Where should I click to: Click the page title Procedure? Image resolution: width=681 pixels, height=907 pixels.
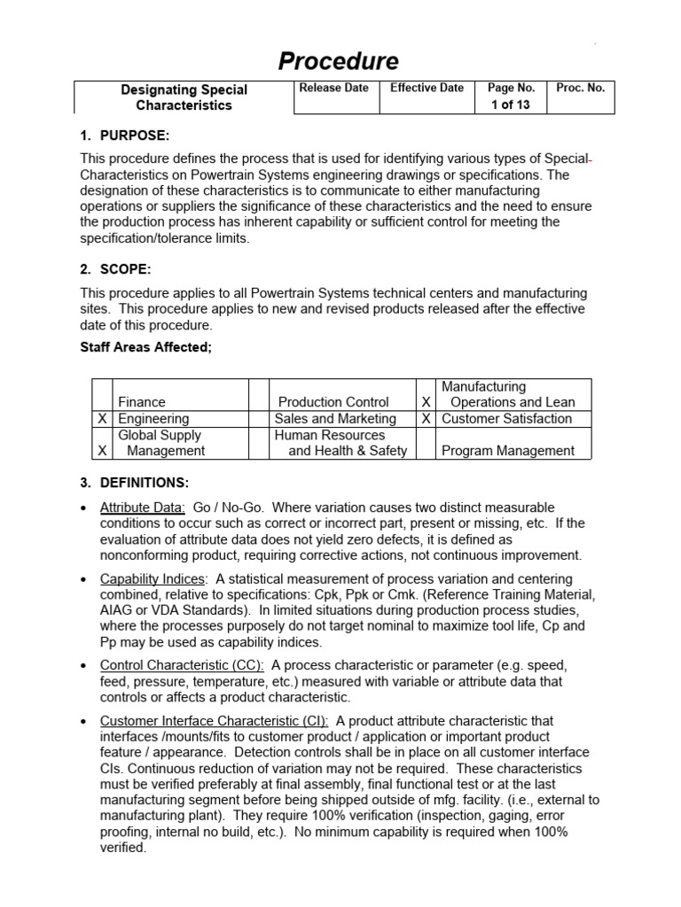point(339,61)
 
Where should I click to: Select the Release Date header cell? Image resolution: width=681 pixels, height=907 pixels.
point(334,89)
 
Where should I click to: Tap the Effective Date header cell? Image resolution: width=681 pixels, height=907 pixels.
point(427,89)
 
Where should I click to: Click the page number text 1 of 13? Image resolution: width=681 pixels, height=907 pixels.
point(511,105)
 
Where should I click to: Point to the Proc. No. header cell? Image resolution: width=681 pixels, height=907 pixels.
point(580,89)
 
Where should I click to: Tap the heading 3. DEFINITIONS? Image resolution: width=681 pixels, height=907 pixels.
point(134,483)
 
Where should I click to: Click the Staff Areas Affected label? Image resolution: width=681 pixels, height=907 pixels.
point(146,347)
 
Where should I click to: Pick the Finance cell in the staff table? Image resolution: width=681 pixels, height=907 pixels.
point(142,402)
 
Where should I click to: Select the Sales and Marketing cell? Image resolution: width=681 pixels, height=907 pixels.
point(335,419)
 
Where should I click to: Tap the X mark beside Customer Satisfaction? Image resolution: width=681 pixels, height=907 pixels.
point(427,419)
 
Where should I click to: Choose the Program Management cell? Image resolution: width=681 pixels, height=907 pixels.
point(508,451)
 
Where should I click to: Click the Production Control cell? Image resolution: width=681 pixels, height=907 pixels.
point(333,402)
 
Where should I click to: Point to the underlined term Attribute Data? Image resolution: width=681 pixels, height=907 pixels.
point(142,508)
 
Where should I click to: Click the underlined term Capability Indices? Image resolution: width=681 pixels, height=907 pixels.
point(153,578)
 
